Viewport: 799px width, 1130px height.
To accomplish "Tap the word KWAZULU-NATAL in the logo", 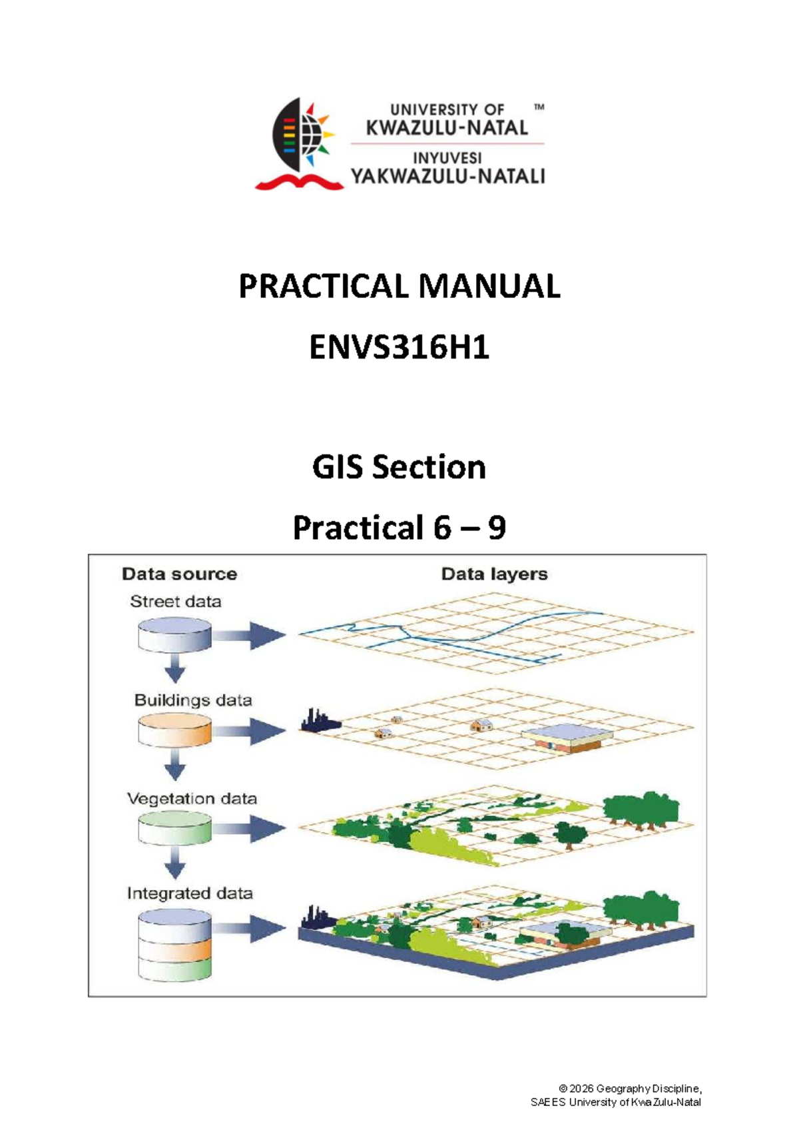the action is click(447, 128).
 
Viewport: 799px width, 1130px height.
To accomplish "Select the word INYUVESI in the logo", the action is click(447, 159).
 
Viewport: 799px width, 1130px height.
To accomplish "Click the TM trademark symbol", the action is click(539, 107).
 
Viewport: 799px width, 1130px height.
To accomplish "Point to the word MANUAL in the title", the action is click(489, 286).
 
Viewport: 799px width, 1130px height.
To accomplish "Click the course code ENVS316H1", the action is click(400, 348).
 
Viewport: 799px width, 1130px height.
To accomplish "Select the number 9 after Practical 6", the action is click(497, 528).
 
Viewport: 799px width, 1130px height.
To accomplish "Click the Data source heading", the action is click(180, 574).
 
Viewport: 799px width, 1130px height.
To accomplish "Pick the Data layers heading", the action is click(495, 574).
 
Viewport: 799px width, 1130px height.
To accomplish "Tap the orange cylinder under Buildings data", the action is click(174, 730).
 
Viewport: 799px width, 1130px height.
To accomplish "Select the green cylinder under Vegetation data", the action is click(174, 828).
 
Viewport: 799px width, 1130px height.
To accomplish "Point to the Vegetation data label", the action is click(192, 799).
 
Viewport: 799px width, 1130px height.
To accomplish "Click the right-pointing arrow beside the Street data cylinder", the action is click(249, 635).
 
